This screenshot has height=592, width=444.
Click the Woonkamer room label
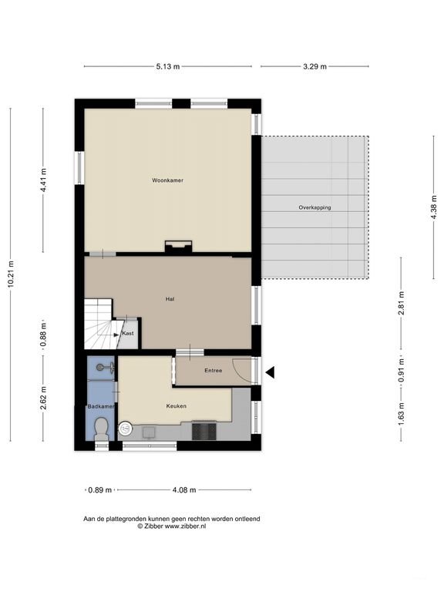pos(167,180)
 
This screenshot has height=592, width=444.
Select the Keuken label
pos(177,405)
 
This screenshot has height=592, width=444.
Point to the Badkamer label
pos(100,405)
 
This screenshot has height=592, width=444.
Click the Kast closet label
pos(128,333)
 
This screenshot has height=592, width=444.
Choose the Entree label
pos(214,371)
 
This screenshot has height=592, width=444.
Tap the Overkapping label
pos(314,208)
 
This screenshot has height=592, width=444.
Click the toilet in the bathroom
pos(101,429)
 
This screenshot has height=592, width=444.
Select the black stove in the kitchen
pos(203,429)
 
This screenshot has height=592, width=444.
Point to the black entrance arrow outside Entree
pos(270,372)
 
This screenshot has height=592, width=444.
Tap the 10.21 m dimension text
pos(11,274)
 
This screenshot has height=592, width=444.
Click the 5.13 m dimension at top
pos(167,67)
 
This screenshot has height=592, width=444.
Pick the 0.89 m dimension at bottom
pos(99,489)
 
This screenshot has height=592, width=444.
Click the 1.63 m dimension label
pos(401,415)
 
